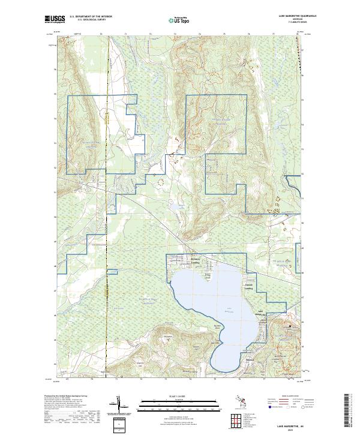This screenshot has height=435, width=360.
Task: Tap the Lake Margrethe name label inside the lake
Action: coord(230,310)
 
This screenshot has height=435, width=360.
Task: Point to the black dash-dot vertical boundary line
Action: coord(107,240)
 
